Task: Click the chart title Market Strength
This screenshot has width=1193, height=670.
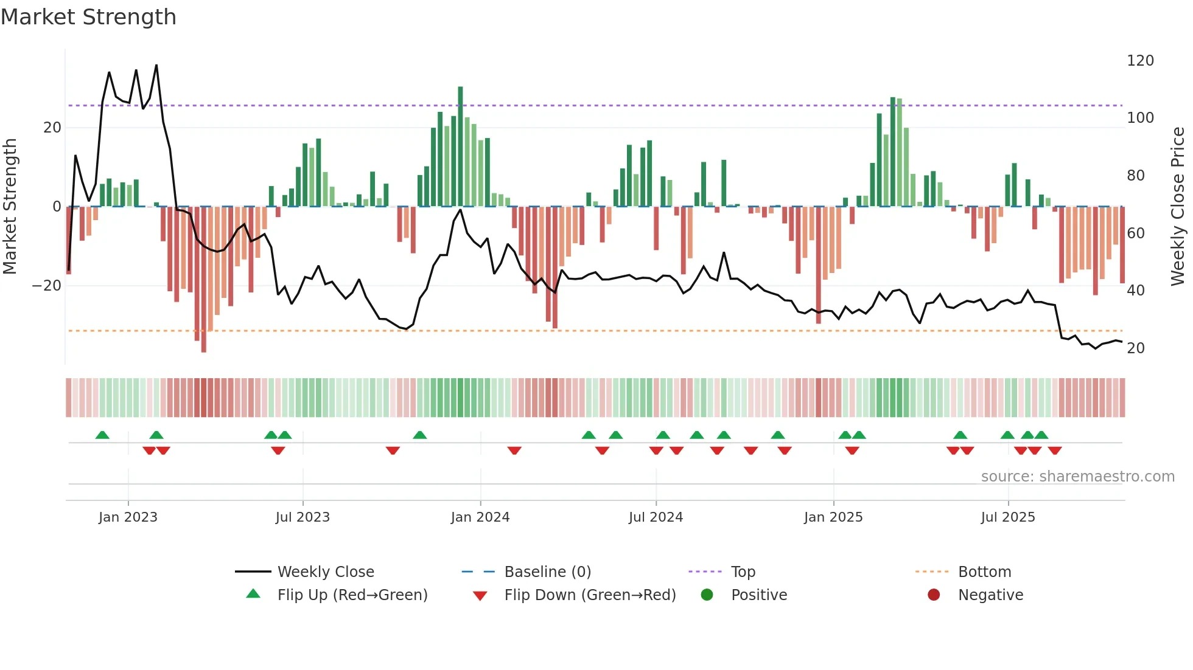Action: [x=88, y=17]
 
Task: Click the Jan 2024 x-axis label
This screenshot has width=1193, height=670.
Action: [x=480, y=517]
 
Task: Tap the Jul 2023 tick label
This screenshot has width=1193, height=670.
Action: [x=303, y=517]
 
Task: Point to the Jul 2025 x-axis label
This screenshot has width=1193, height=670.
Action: [x=1008, y=517]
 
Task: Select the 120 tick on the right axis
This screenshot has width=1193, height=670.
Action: [x=1140, y=61]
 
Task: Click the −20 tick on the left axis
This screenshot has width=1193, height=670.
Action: [x=47, y=286]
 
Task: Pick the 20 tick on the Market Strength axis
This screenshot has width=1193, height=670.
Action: [x=52, y=128]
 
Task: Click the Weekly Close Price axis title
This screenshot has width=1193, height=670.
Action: [x=1178, y=207]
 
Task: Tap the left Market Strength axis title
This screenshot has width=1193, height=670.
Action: [x=10, y=207]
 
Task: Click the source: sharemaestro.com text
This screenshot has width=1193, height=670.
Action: [x=1077, y=477]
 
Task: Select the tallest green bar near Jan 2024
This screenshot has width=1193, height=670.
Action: [x=460, y=146]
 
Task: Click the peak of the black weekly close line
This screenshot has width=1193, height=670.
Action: [x=156, y=65]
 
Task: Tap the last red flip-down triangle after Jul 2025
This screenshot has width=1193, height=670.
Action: [x=1055, y=451]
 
